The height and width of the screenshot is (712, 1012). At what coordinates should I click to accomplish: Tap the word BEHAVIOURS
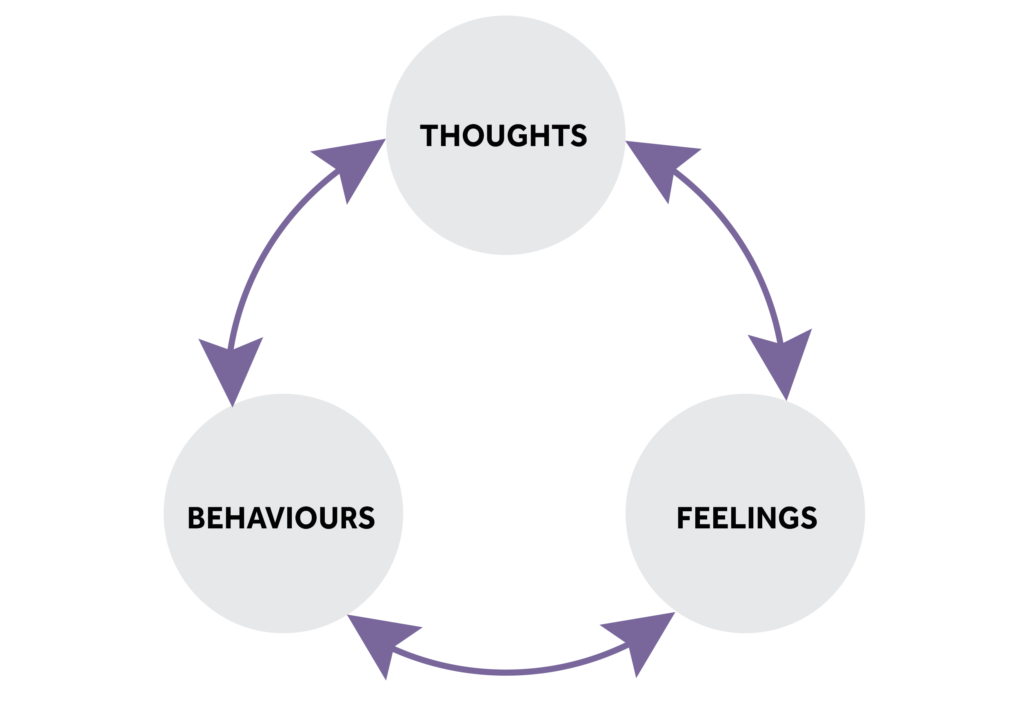tap(281, 517)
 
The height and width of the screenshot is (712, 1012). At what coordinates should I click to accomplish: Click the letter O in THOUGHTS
tap(473, 135)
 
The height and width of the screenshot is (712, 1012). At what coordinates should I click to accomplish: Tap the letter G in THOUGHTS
tap(517, 135)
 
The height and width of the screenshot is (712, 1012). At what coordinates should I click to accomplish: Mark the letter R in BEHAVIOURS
tap(348, 517)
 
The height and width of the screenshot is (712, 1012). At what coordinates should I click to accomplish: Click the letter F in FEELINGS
tap(684, 517)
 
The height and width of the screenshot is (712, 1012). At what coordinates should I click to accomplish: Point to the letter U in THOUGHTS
tap(496, 135)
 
